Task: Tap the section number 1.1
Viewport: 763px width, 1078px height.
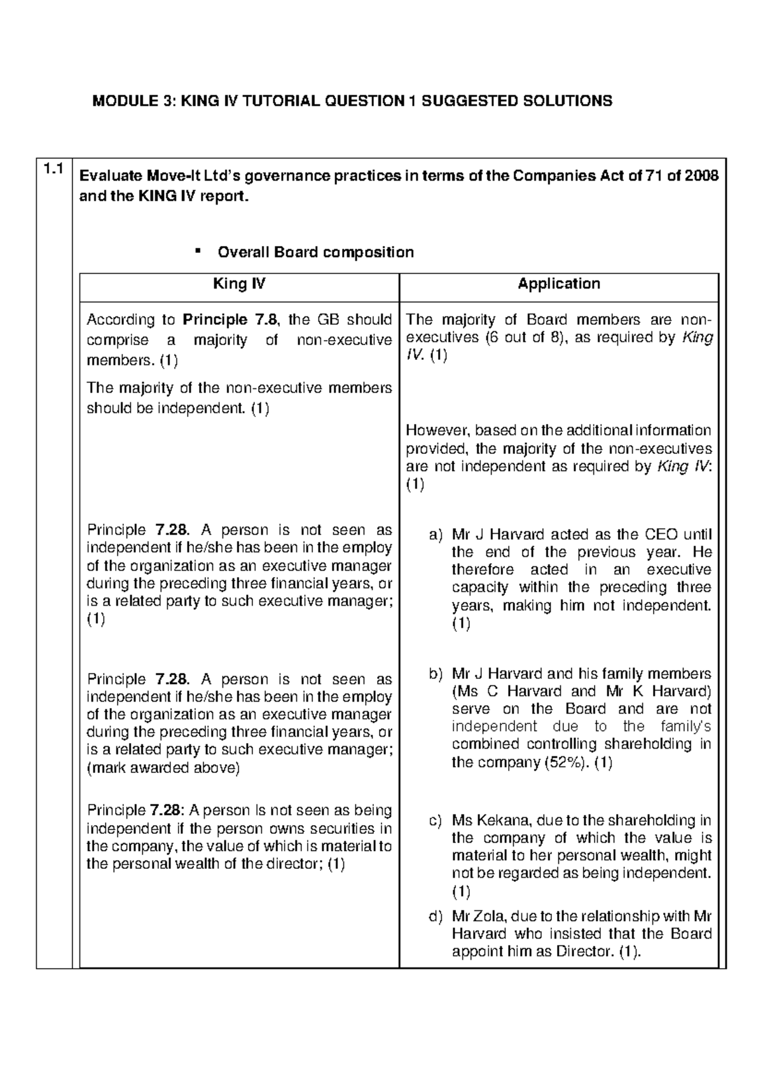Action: point(53,169)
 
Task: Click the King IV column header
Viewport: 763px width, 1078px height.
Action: point(239,283)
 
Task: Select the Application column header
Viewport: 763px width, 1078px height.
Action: point(559,283)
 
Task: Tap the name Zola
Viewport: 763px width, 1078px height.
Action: point(486,916)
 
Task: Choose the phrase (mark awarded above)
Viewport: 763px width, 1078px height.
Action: point(163,768)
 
